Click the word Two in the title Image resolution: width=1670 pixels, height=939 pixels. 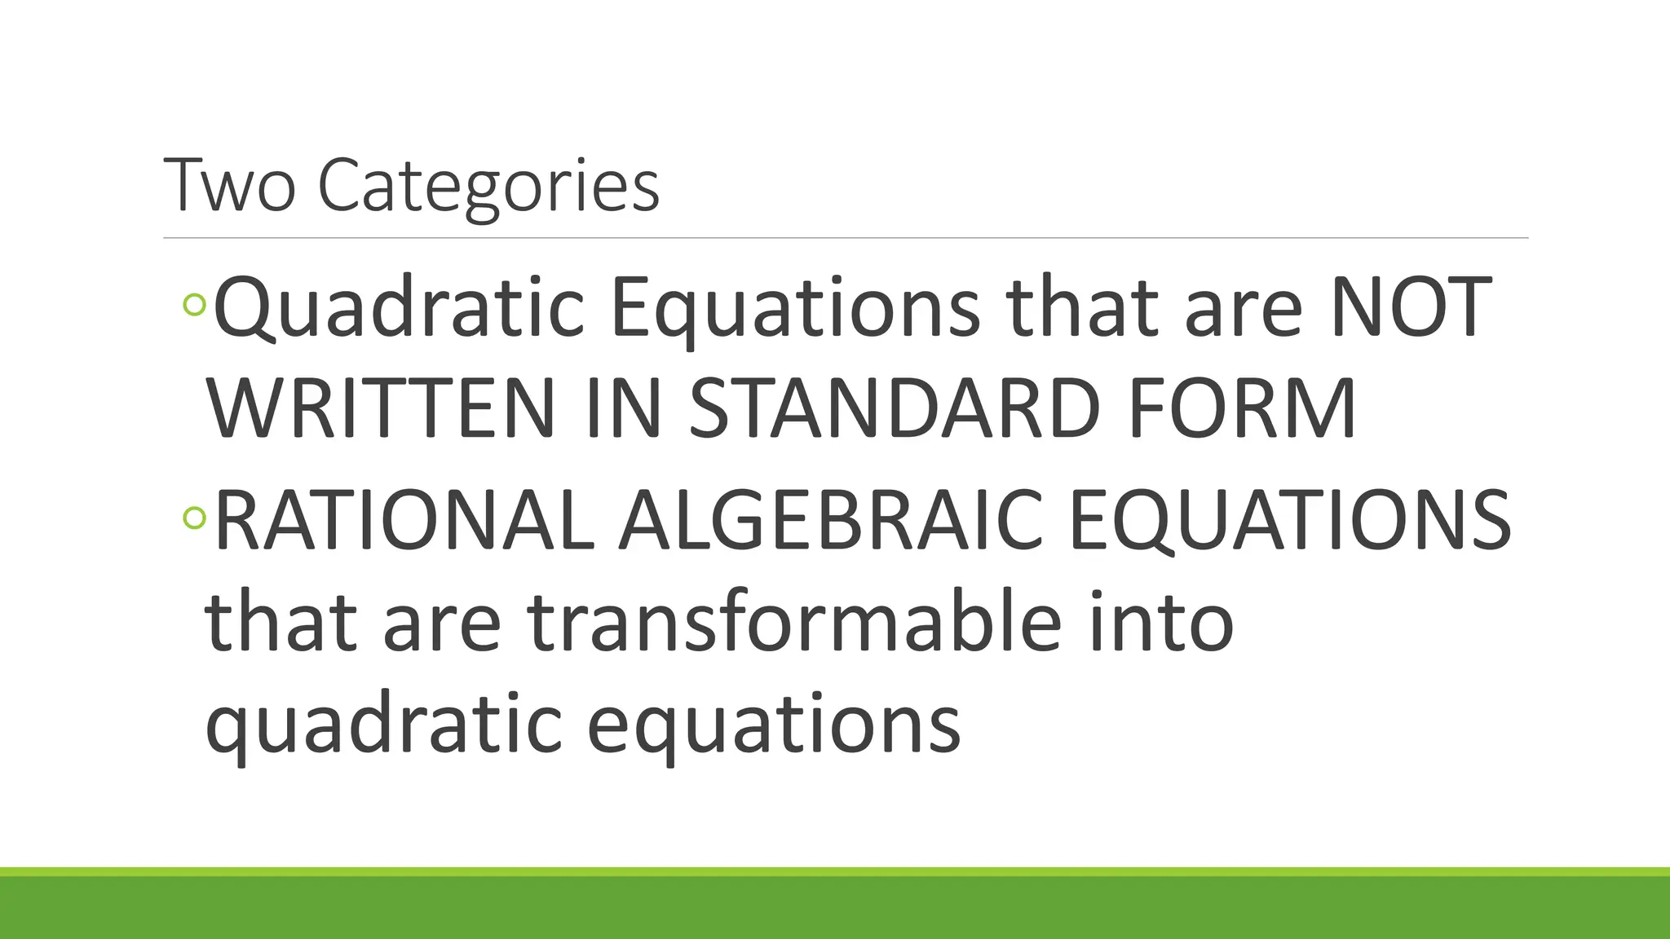click(229, 186)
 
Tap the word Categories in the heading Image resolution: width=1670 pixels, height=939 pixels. click(488, 186)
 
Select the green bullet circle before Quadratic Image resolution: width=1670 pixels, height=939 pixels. click(195, 305)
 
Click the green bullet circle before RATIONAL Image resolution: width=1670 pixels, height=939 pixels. click(195, 518)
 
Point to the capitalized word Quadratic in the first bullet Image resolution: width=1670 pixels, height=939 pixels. click(398, 307)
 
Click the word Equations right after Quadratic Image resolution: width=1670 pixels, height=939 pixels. click(795, 307)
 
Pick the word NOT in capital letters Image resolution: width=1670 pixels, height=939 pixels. click(1411, 307)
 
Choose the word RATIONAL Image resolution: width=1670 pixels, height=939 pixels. click(403, 520)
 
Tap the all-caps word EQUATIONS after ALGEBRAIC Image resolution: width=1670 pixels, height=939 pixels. click(1289, 520)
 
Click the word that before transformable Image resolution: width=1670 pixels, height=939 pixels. click(281, 623)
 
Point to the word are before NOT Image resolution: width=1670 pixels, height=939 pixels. click(1243, 307)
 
